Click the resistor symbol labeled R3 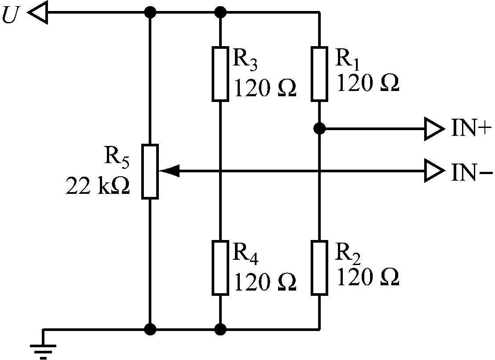(x=220, y=74)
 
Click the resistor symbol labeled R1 (x=320, y=74)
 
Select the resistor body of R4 (x=220, y=267)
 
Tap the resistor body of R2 (x=320, y=267)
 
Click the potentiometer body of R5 (x=150, y=171)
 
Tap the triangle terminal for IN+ (x=433, y=129)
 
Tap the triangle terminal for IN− (x=433, y=171)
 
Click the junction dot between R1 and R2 (x=320, y=129)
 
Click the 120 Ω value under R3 (x=264, y=88)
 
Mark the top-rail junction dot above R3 (x=220, y=12)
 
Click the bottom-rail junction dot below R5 (x=150, y=328)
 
